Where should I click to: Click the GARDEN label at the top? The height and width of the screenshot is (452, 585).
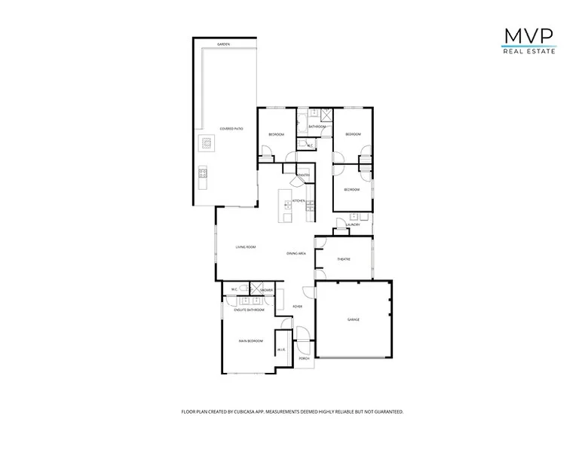click(x=223, y=44)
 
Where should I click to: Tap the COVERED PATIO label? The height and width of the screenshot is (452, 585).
click(x=231, y=129)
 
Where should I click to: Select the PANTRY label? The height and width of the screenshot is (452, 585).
click(x=304, y=176)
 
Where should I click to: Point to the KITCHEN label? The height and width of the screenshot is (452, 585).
click(x=299, y=200)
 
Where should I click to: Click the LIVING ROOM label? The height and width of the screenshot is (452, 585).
click(x=246, y=247)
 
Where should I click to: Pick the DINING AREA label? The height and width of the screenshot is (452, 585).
click(x=296, y=254)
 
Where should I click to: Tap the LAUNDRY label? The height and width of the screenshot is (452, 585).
click(x=353, y=224)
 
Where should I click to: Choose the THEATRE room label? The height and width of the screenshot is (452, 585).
click(x=344, y=259)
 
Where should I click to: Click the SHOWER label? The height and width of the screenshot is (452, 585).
click(x=266, y=290)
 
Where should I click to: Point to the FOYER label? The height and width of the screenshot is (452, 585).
click(x=298, y=307)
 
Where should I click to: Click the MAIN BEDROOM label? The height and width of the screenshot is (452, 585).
click(x=250, y=341)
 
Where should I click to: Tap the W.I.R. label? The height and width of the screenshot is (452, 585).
click(x=281, y=350)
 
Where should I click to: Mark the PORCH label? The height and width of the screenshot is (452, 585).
click(x=305, y=359)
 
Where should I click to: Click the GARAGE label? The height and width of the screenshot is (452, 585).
click(x=353, y=319)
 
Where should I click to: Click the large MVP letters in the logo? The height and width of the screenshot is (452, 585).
click(x=528, y=36)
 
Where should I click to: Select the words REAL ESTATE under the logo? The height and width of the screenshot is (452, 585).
click(x=528, y=52)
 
